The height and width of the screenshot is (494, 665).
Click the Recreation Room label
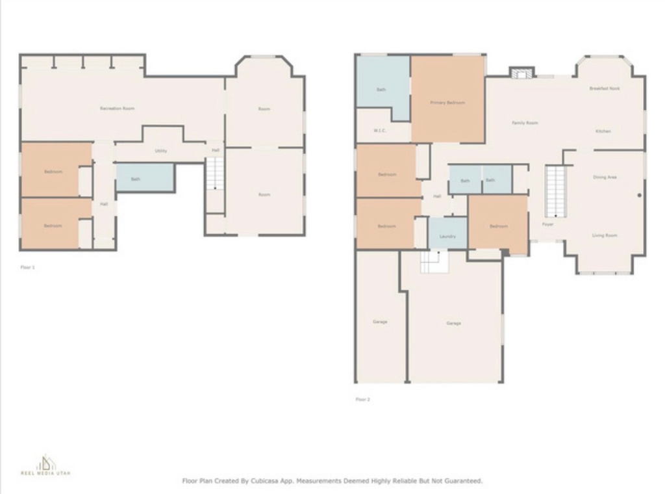(x=118, y=109)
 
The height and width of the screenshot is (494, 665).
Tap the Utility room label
(x=161, y=151)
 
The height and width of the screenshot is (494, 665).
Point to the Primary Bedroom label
(x=447, y=103)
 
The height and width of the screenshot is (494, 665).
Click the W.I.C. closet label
(x=381, y=131)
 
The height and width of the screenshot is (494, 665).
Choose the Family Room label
(x=525, y=123)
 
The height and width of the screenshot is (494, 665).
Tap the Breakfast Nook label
(x=605, y=88)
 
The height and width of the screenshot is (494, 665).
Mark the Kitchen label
(x=603, y=131)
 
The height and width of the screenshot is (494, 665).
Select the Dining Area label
(x=605, y=177)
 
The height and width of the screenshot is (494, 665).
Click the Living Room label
(x=605, y=235)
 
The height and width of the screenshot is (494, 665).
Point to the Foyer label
(x=548, y=224)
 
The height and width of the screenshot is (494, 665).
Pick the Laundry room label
(x=447, y=237)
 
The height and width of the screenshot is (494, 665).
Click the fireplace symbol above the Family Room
(x=521, y=73)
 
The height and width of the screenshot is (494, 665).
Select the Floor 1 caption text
(x=27, y=267)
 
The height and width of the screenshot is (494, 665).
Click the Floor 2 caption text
(x=362, y=400)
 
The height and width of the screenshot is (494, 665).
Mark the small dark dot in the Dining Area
(x=639, y=195)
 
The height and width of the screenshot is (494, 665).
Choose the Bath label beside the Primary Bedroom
(x=381, y=90)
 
